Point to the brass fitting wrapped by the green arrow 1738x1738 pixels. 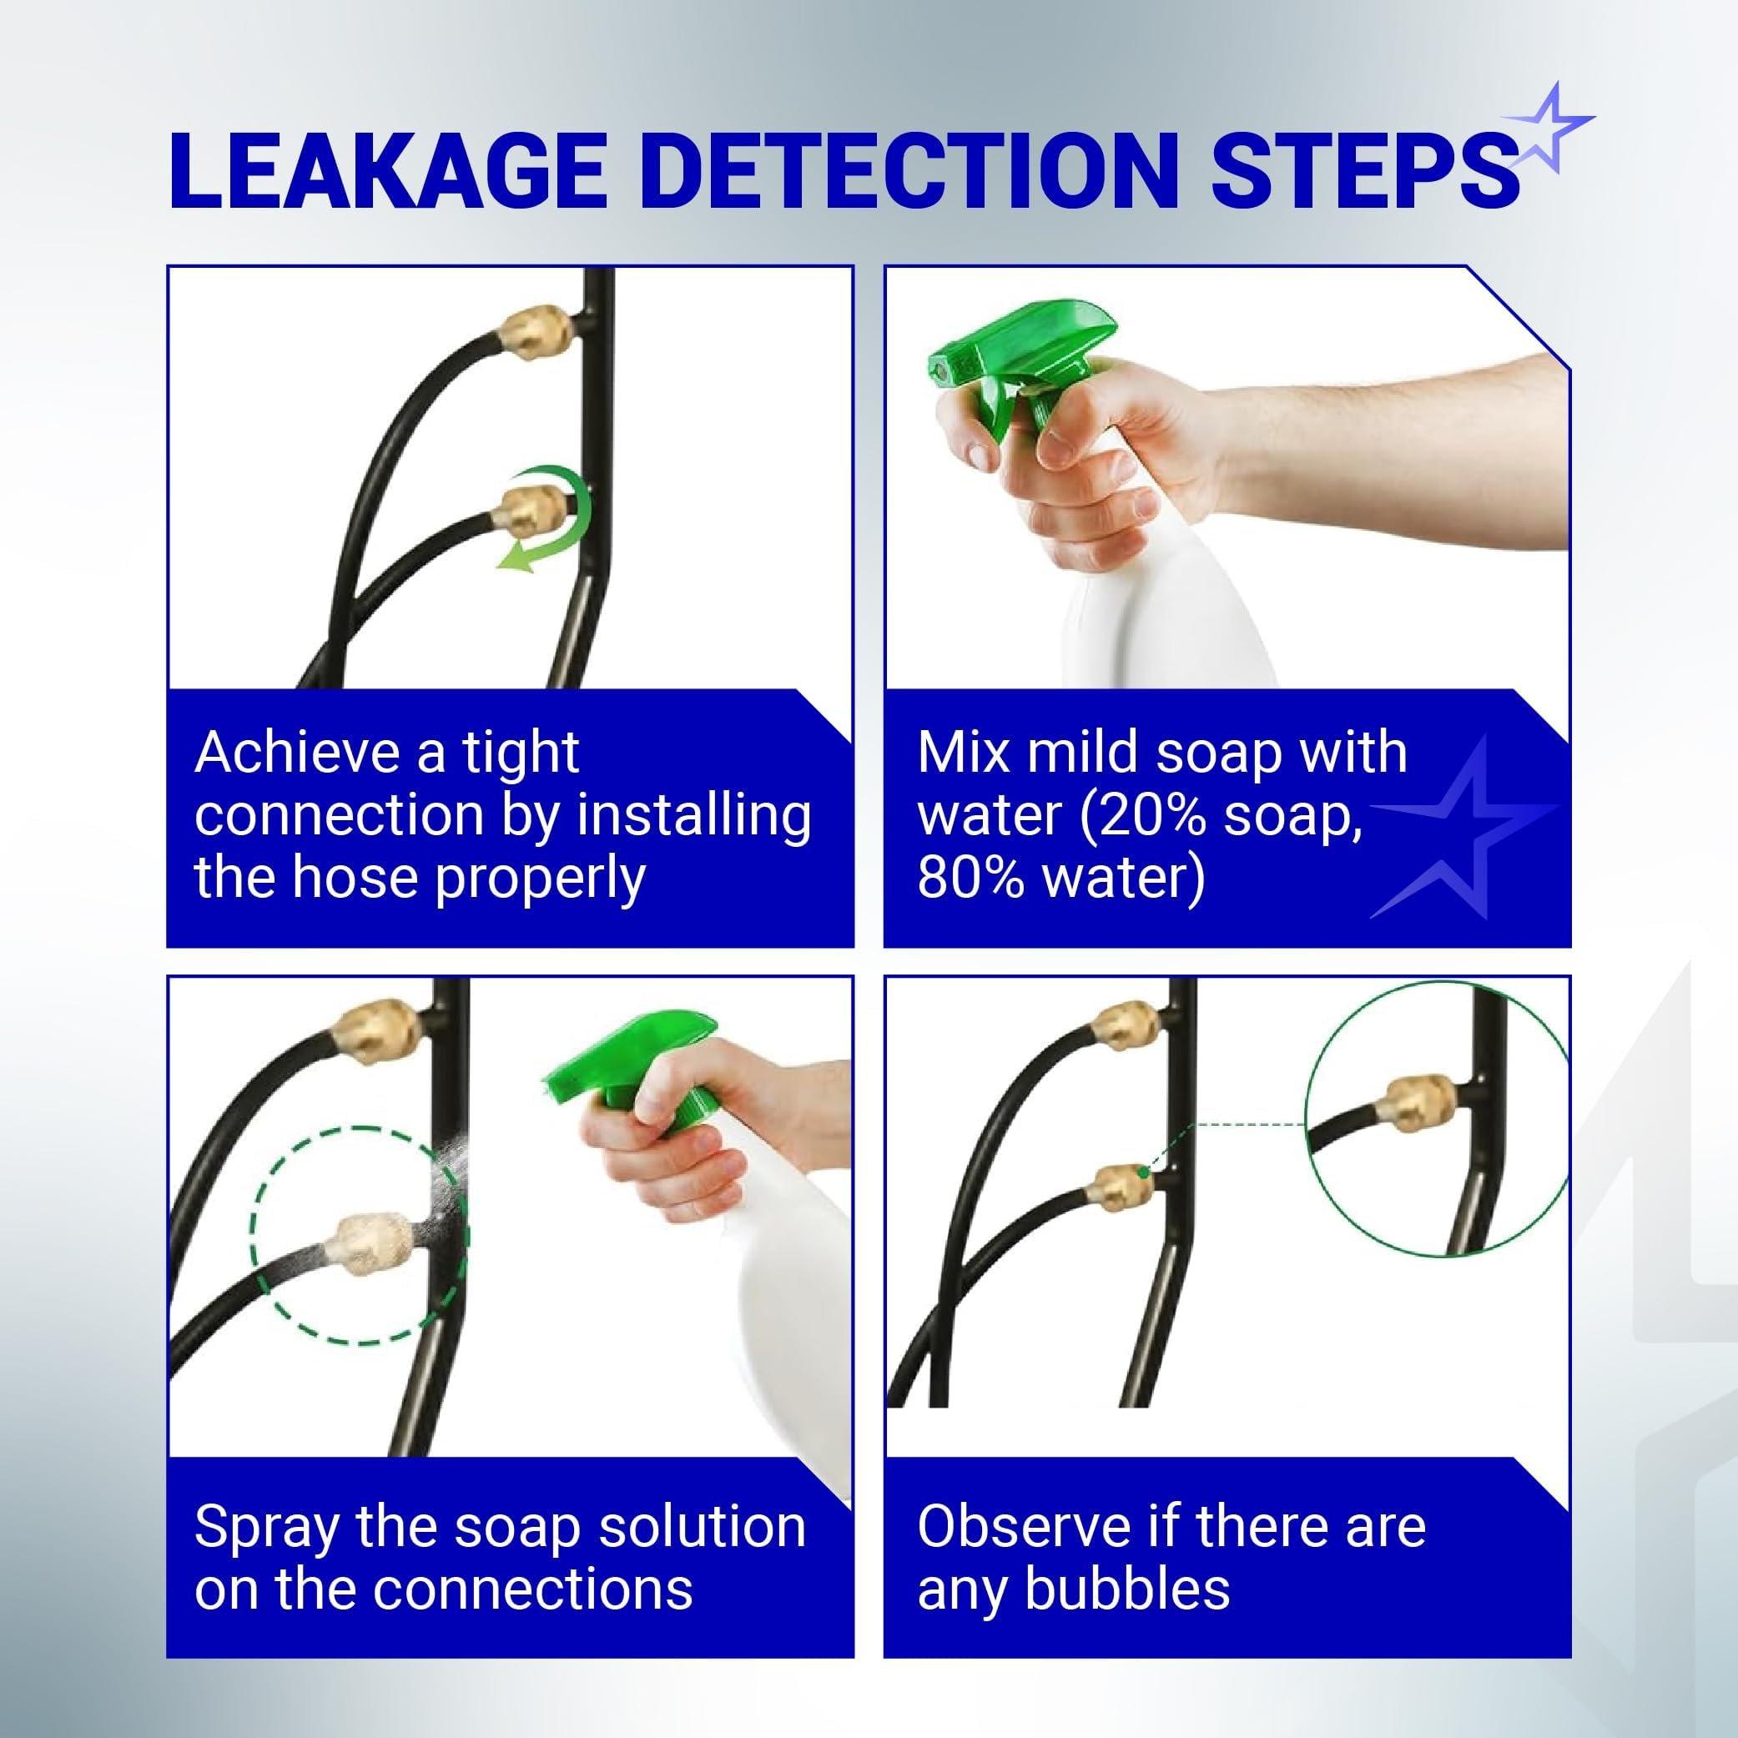pos(531,513)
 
